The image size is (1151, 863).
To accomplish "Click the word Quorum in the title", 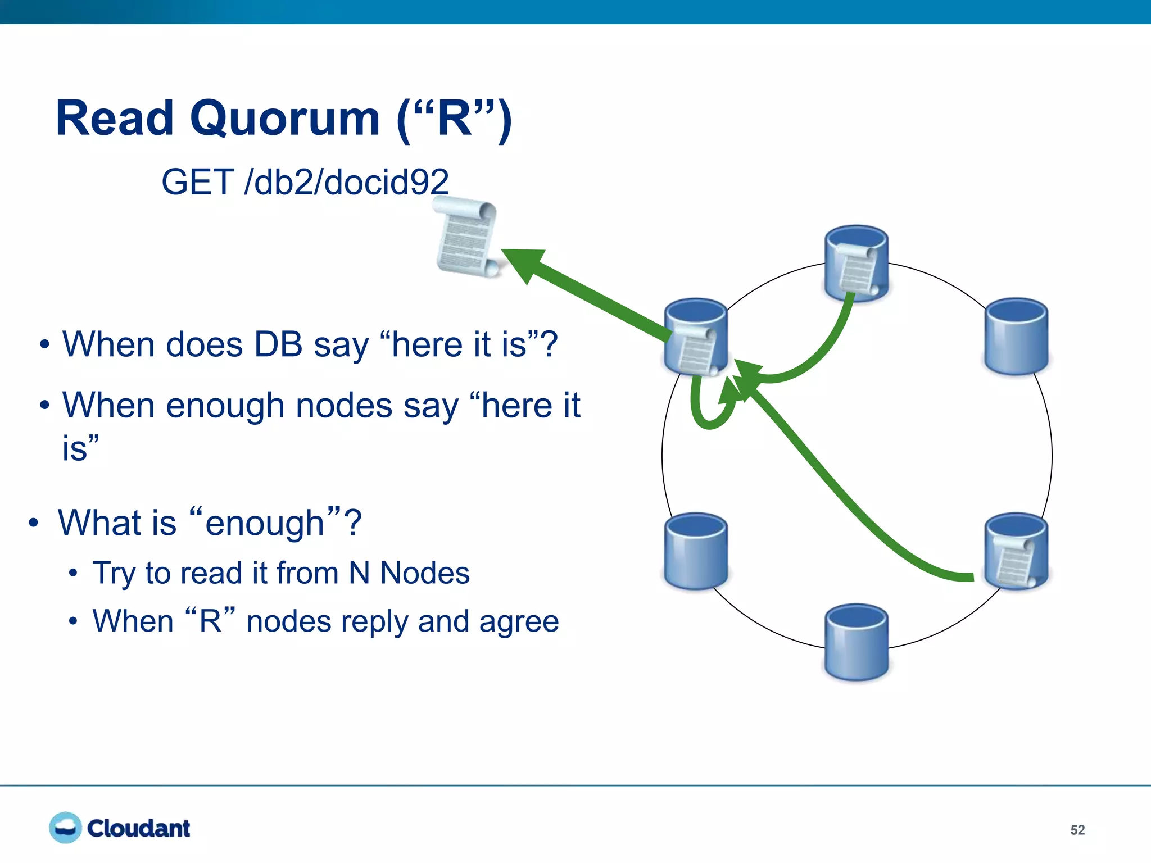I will pyautogui.click(x=285, y=119).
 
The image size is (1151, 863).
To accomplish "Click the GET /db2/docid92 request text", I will pyautogui.click(x=305, y=182).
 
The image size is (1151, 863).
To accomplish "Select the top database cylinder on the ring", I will pyautogui.click(x=856, y=263).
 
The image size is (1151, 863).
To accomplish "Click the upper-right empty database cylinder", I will pyautogui.click(x=1016, y=336).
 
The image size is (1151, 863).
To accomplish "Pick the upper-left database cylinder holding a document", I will pyautogui.click(x=696, y=336).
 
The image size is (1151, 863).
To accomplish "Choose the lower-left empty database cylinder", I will pyautogui.click(x=696, y=551).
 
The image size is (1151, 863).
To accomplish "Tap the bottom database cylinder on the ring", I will pyautogui.click(x=856, y=642).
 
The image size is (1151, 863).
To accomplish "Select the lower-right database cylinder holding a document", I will pyautogui.click(x=1016, y=551).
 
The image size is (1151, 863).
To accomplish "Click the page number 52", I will pyautogui.click(x=1077, y=830).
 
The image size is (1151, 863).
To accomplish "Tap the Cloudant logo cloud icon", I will pyautogui.click(x=65, y=827).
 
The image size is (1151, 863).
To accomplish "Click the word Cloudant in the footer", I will pyautogui.click(x=139, y=828).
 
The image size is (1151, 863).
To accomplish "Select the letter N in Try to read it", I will pyautogui.click(x=359, y=573).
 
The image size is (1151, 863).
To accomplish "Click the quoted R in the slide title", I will pyautogui.click(x=454, y=119).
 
